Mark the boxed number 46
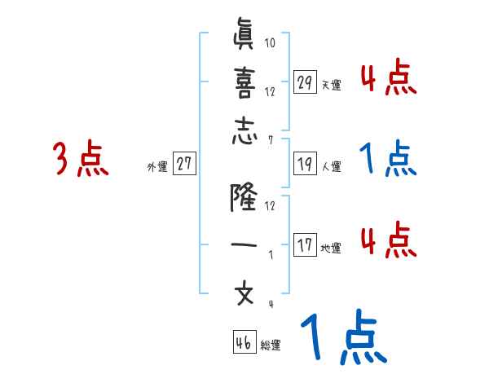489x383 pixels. pos(244,342)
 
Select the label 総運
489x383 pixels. pos(271,345)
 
